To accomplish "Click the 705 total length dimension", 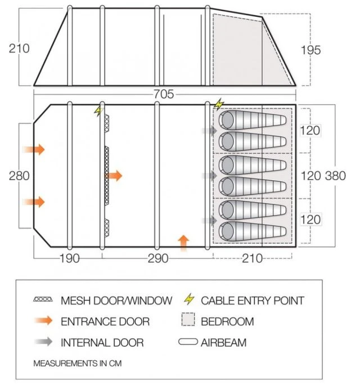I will pos(164,94).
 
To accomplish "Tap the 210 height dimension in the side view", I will pos(20,48).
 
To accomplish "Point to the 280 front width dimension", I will pos(20,176).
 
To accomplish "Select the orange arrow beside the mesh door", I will pos(114,176).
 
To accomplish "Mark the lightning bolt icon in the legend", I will pos(189,300).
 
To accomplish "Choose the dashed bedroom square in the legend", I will pos(189,322).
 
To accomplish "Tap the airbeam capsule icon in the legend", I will pos(189,342).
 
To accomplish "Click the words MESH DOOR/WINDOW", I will pos(116,301).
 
